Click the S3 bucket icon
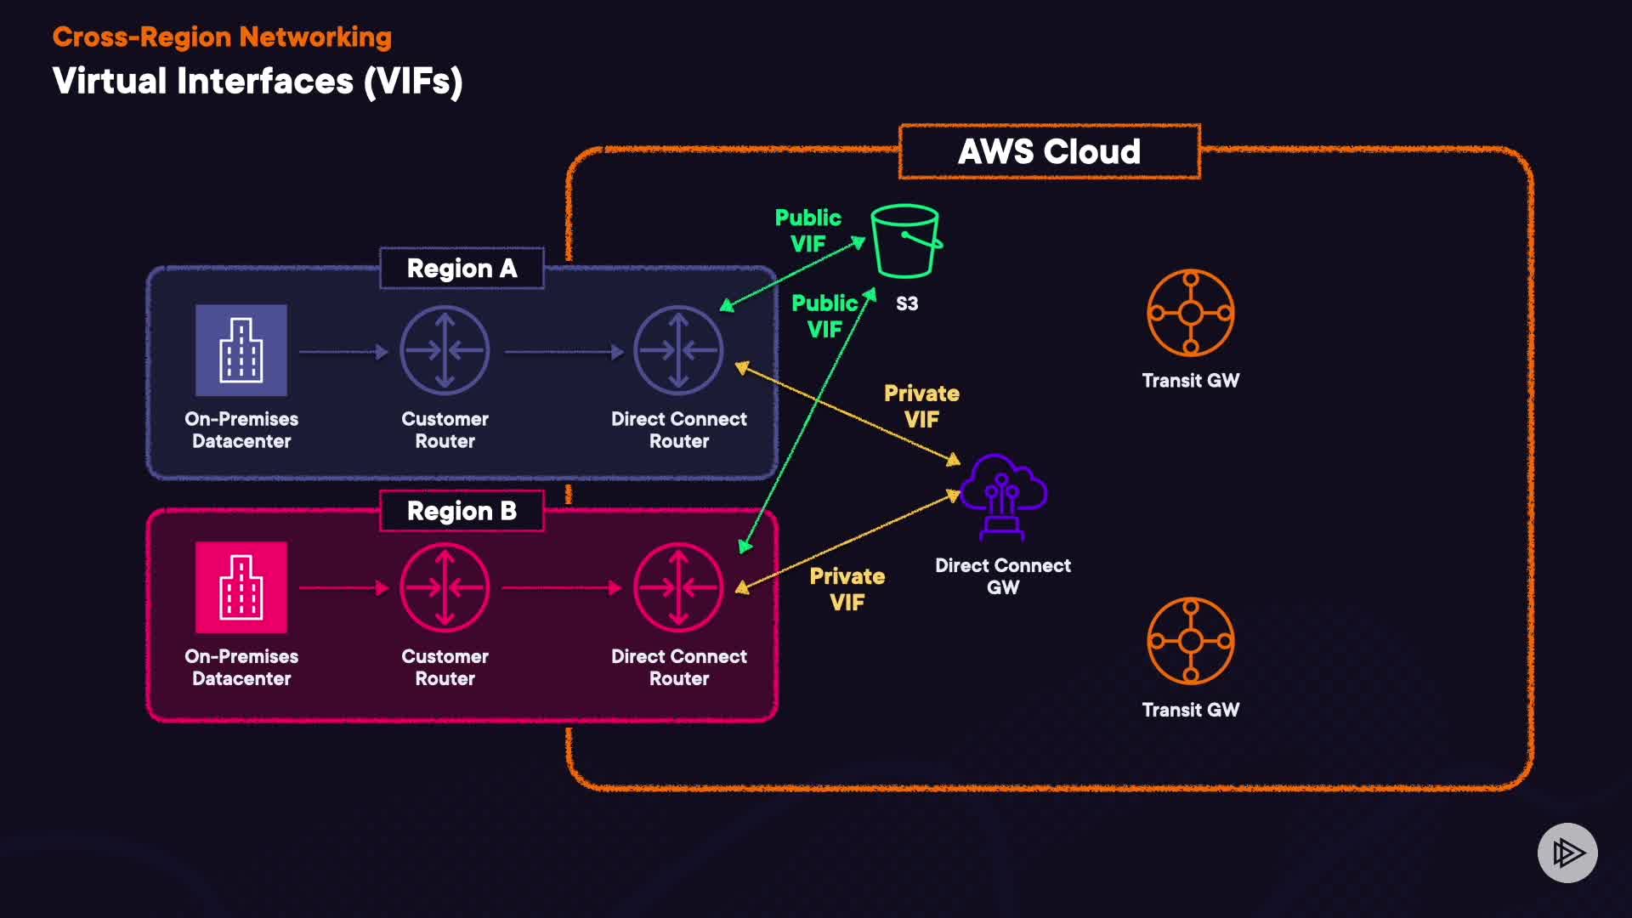click(x=905, y=241)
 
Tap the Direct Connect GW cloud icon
click(x=1003, y=496)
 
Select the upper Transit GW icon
click(x=1190, y=313)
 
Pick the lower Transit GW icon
click(x=1190, y=641)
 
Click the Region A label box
click(x=462, y=269)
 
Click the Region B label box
click(x=462, y=511)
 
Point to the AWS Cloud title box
click(x=1049, y=152)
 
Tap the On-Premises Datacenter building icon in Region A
click(x=241, y=350)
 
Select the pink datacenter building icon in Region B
click(x=241, y=587)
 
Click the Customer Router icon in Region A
click(x=445, y=350)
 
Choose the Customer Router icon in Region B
click(x=445, y=587)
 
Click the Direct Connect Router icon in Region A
click(x=678, y=350)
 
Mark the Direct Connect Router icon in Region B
click(x=678, y=587)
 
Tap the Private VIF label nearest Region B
click(x=847, y=589)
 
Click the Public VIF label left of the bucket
click(x=807, y=230)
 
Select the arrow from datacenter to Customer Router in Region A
click(x=343, y=351)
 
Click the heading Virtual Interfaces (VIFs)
click(x=258, y=82)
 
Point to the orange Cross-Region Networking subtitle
click(x=222, y=37)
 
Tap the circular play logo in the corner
click(x=1567, y=853)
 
